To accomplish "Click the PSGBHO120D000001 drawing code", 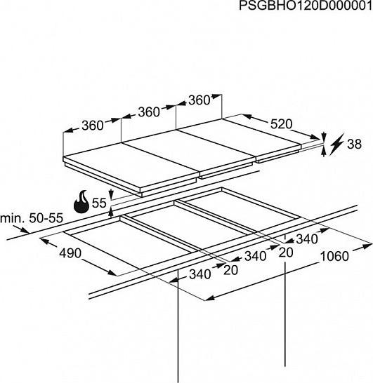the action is coord(306,6).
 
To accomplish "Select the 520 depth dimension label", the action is coord(281,124).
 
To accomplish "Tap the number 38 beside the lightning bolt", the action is coord(354,144).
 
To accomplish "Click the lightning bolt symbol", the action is coord(337,144).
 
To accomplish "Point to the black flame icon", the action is coord(82,202).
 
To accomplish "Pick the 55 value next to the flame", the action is coord(99,203).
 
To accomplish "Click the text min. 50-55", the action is coord(32,218).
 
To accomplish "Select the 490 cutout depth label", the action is coord(70,253).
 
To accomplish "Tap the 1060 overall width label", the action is coord(334,257).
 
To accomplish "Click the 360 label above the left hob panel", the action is coord(93,126).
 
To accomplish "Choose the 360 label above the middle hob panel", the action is coord(149,112).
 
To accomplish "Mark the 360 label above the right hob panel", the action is coord(199,100).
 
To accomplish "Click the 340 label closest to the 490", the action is coord(200,274).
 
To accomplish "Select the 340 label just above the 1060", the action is coord(307,239).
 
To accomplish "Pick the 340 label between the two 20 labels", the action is coord(256,256).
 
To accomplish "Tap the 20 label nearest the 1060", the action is coord(286,253).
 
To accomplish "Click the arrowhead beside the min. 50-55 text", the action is coord(25,230).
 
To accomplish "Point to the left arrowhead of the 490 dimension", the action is coord(44,241).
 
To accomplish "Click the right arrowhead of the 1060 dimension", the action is coord(367,246).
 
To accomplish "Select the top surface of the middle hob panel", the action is coord(189,149).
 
